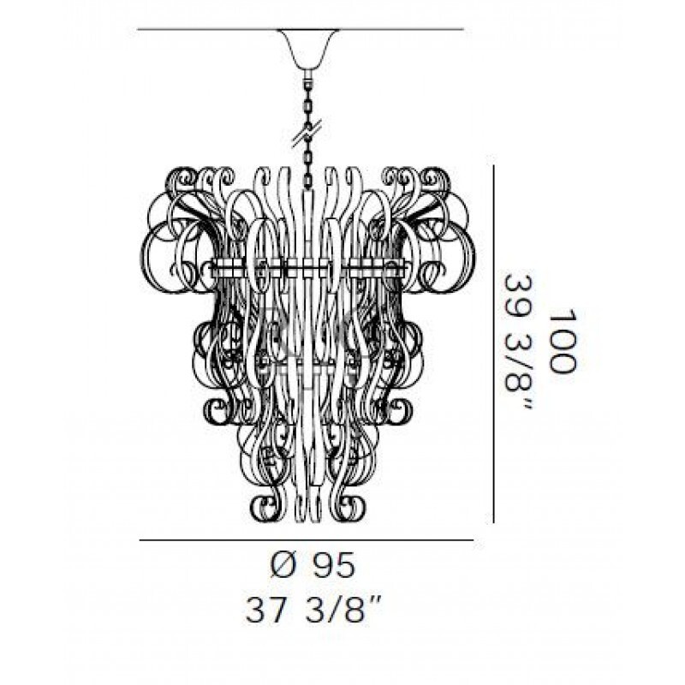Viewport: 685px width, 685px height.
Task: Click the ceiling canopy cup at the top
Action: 309,48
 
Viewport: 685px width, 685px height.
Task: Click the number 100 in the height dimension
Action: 562,341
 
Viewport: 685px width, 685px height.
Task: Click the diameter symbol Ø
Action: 285,566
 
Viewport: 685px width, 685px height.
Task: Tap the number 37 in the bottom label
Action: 267,610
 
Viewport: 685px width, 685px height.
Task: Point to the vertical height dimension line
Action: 494,343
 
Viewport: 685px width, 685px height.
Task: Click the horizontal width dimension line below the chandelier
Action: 307,541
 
